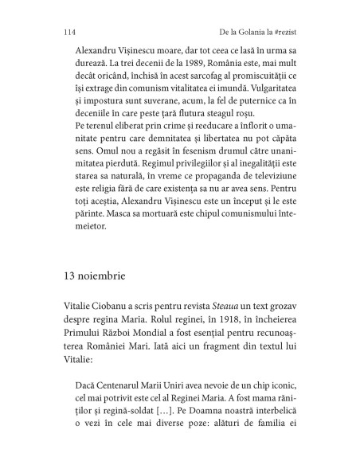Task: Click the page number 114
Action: coord(68,32)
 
